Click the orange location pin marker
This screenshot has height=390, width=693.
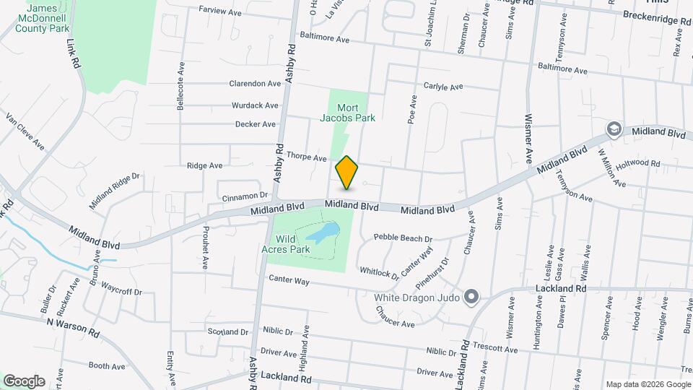[347, 173]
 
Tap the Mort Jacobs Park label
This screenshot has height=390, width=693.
[348, 113]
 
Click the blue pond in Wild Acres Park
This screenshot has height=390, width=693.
[323, 233]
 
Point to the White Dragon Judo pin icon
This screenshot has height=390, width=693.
[471, 296]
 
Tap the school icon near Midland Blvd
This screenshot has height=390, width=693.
[614, 129]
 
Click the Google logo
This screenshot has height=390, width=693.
[24, 381]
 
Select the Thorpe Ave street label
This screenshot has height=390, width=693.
[307, 157]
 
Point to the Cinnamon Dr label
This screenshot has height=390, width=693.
[245, 196]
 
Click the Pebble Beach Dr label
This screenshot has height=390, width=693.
[403, 238]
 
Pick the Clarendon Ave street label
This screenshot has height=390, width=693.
[254, 84]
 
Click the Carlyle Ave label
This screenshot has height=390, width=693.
[443, 87]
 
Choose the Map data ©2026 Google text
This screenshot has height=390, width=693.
[648, 384]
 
